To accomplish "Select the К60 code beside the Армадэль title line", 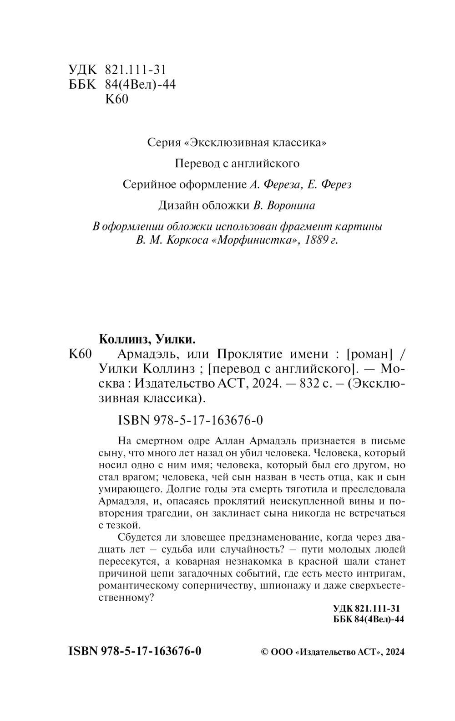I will coord(81,354).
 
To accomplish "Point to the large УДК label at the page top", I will coord(82,70).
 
